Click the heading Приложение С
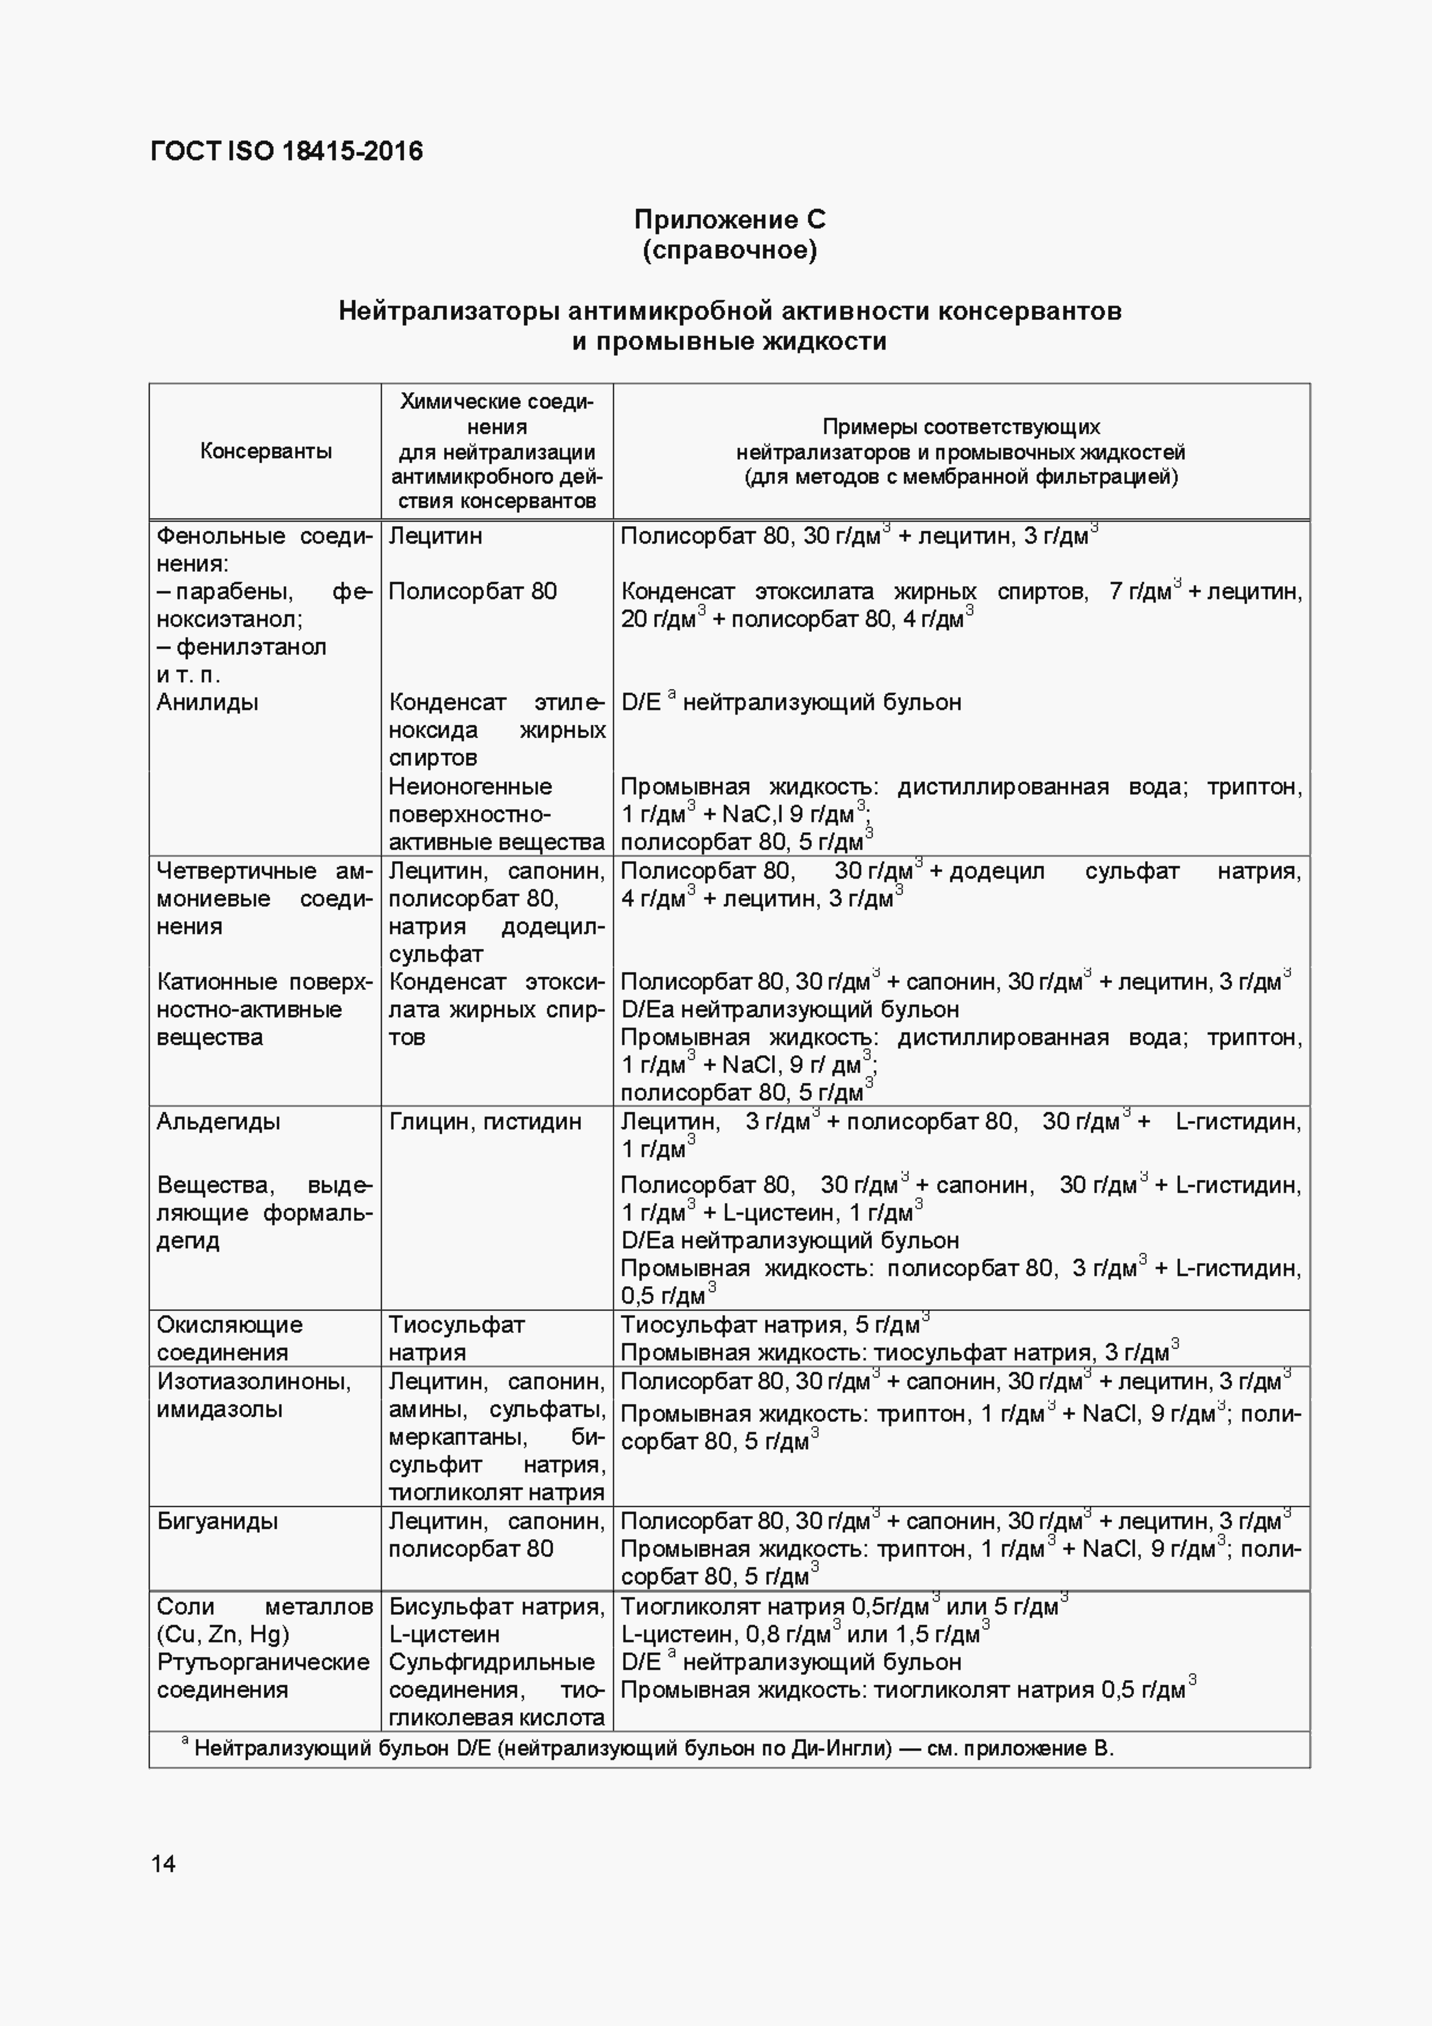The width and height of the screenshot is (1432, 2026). pyautogui.click(x=730, y=219)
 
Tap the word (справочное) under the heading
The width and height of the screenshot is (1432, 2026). pyautogui.click(x=730, y=251)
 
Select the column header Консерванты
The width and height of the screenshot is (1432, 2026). pyautogui.click(x=266, y=451)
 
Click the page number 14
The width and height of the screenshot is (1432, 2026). pyautogui.click(x=163, y=1864)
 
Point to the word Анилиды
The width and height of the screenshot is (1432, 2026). pyautogui.click(x=207, y=702)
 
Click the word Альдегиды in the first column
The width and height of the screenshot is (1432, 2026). pyautogui.click(x=218, y=1122)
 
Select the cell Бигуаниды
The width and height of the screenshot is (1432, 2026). pyautogui.click(x=217, y=1521)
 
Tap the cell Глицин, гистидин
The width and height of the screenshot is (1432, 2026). pyautogui.click(x=484, y=1122)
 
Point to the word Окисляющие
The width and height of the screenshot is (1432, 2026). pyautogui.click(x=229, y=1324)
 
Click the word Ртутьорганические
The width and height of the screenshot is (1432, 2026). pyautogui.click(x=263, y=1663)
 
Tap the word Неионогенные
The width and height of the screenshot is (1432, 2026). pyautogui.click(x=470, y=786)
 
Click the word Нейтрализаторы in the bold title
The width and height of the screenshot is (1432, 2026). pyautogui.click(x=448, y=311)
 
